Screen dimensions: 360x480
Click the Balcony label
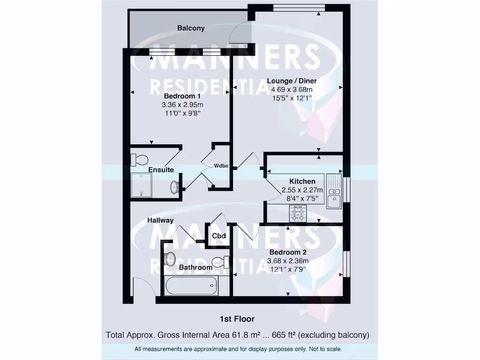tap(191, 28)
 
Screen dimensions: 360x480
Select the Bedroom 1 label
tap(182, 96)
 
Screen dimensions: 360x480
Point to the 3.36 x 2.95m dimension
tap(182, 105)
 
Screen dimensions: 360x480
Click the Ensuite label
tap(161, 170)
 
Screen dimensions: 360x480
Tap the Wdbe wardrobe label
tap(221, 166)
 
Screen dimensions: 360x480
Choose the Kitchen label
tap(302, 181)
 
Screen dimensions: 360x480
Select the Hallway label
tap(160, 220)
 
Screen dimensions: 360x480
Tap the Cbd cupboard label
tap(219, 236)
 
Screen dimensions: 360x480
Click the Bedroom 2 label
tap(288, 252)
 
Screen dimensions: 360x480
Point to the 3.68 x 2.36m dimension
tap(288, 261)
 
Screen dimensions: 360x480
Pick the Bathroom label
tap(195, 268)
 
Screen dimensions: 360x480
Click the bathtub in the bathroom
tap(191, 285)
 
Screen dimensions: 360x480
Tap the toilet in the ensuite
tap(139, 159)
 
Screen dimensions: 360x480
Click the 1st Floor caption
tap(237, 319)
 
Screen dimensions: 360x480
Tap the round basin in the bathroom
tap(170, 258)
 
